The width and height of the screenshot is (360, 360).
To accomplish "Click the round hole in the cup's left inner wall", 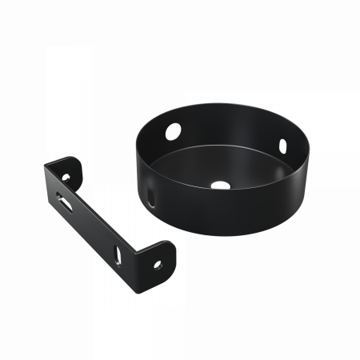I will (x=172, y=128).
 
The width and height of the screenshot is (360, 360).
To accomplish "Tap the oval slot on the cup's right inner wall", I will (x=282, y=146).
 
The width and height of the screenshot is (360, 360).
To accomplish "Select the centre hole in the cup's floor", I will (x=215, y=185).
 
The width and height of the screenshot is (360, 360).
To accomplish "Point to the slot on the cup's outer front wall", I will (x=151, y=198).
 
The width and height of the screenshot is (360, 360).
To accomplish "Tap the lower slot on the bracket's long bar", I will (x=119, y=254).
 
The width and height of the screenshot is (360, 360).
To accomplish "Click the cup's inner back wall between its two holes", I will (x=228, y=128).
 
